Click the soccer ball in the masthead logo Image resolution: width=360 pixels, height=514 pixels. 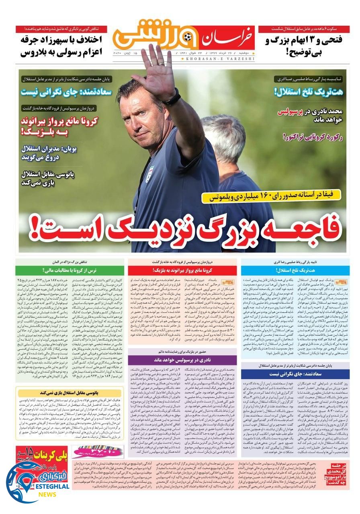pos(188,38)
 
